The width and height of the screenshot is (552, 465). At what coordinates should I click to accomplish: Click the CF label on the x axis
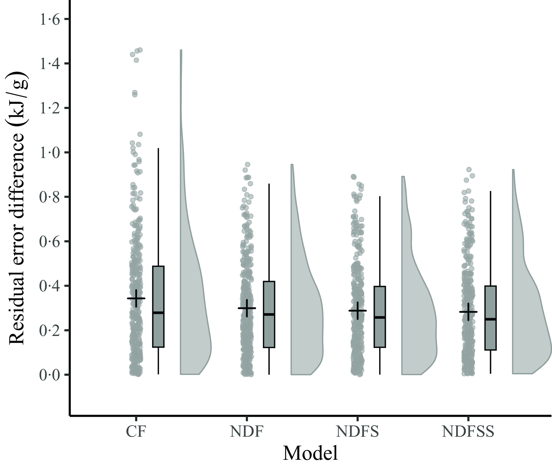[136, 431]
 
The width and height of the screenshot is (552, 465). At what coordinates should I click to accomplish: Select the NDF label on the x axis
[247, 431]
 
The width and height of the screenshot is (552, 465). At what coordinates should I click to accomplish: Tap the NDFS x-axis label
[357, 431]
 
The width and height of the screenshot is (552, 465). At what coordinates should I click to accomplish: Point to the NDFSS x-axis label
[468, 431]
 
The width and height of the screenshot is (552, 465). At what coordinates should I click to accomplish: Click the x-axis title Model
[310, 453]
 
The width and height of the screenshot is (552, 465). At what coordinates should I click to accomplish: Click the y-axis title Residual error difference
[17, 208]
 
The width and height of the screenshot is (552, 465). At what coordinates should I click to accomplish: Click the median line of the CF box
[158, 313]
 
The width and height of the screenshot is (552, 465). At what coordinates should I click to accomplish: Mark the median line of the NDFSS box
[490, 319]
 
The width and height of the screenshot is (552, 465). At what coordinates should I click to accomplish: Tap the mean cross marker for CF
[136, 298]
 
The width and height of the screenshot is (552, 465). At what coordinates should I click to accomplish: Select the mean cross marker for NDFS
[358, 311]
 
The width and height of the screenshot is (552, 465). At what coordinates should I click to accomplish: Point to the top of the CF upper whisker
[158, 149]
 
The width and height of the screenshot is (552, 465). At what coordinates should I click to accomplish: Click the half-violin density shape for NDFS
[417, 316]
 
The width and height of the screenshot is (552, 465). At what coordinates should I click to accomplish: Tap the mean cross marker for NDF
[247, 308]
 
